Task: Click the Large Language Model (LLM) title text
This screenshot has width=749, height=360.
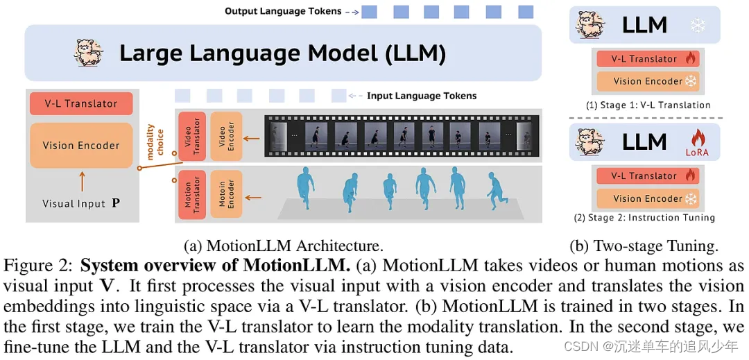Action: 282,53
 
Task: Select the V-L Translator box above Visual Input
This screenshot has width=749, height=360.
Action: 81,104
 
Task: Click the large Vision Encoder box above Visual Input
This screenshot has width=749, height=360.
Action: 81,146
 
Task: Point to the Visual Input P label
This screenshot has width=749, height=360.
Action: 80,204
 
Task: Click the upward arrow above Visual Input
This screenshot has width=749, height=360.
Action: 81,182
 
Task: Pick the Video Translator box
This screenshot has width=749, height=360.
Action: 192,135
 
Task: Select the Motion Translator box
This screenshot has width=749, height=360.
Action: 192,194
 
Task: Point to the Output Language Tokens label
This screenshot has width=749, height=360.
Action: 283,11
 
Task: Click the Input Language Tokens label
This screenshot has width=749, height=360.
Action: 422,96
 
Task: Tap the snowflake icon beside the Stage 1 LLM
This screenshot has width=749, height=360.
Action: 697,26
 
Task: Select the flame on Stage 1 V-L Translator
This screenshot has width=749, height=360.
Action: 689,59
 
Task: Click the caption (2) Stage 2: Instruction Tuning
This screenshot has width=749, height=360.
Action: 644,218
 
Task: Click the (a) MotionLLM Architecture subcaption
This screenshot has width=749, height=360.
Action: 283,246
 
